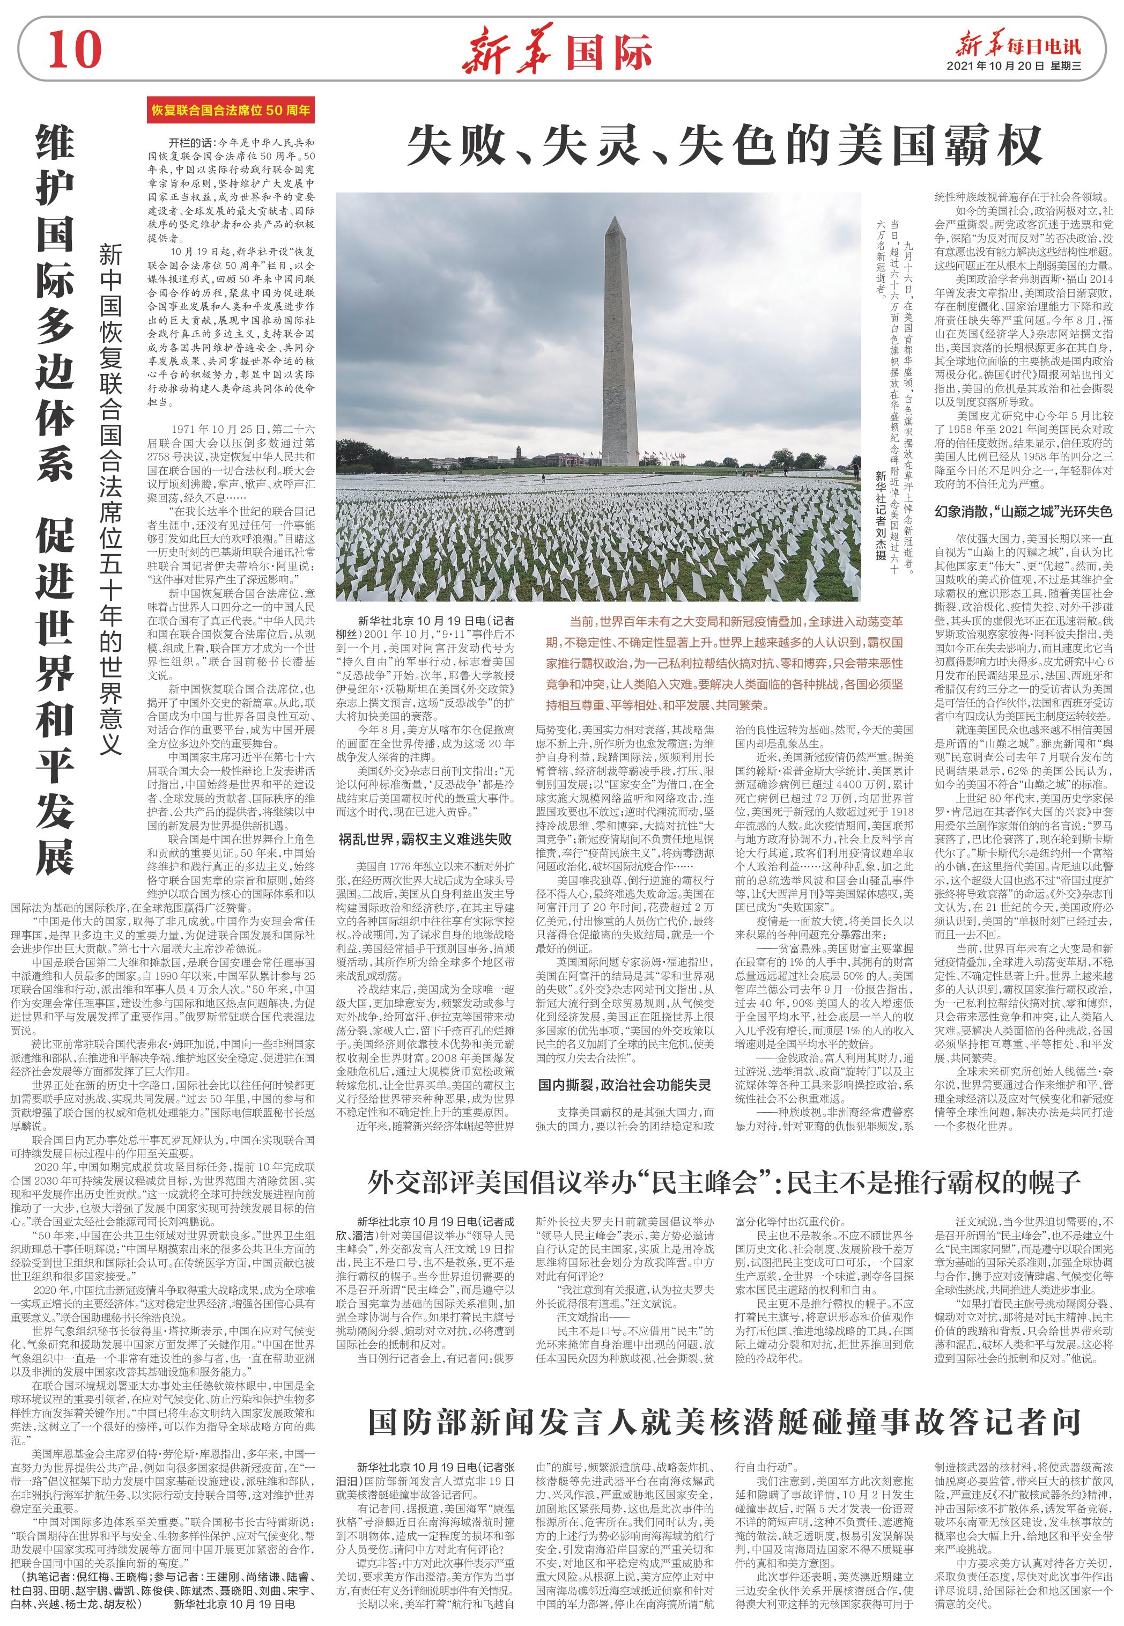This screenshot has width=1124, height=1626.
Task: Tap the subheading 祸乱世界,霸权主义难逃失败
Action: [x=425, y=839]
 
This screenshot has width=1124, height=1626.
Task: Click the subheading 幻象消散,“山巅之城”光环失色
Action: [x=1023, y=511]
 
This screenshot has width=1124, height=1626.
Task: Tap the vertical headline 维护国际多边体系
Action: [x=55, y=303]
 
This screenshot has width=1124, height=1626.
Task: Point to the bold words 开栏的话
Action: [x=189, y=142]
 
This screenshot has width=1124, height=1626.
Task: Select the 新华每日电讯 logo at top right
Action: [x=1018, y=45]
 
